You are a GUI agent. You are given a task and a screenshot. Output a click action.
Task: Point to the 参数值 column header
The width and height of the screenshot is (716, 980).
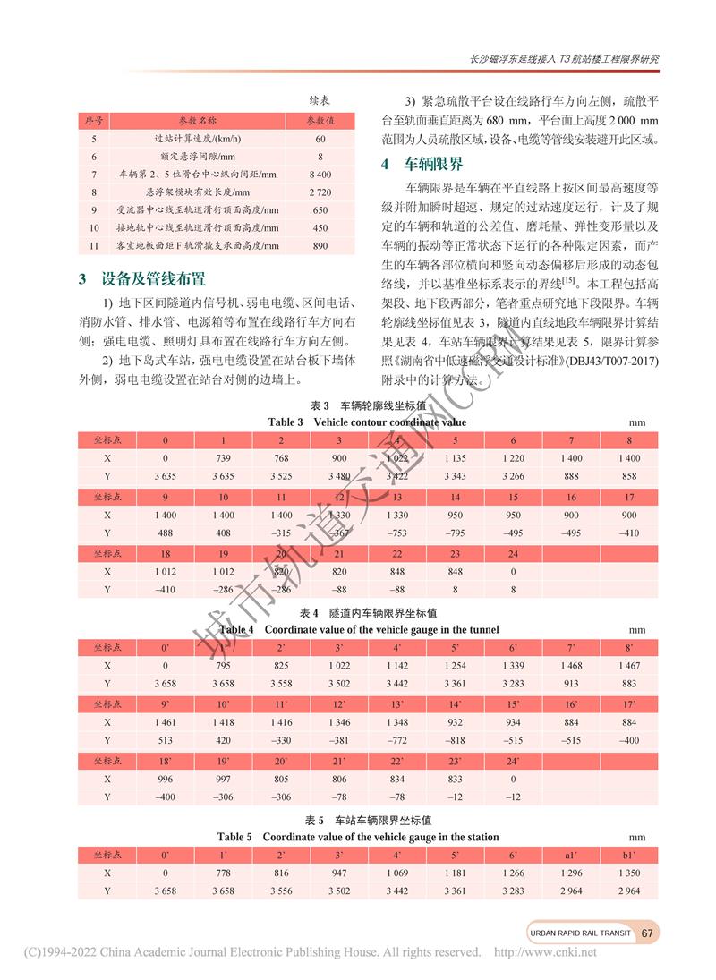tap(320, 120)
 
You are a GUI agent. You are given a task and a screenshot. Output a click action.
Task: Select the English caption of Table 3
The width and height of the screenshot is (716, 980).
tap(367, 422)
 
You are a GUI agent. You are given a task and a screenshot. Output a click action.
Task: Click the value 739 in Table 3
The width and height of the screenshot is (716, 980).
tap(224, 457)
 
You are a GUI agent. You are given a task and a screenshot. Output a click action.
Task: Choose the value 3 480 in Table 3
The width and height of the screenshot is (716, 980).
tap(339, 475)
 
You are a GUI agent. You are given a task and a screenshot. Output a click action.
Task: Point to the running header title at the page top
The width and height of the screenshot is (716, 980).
tap(564, 59)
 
